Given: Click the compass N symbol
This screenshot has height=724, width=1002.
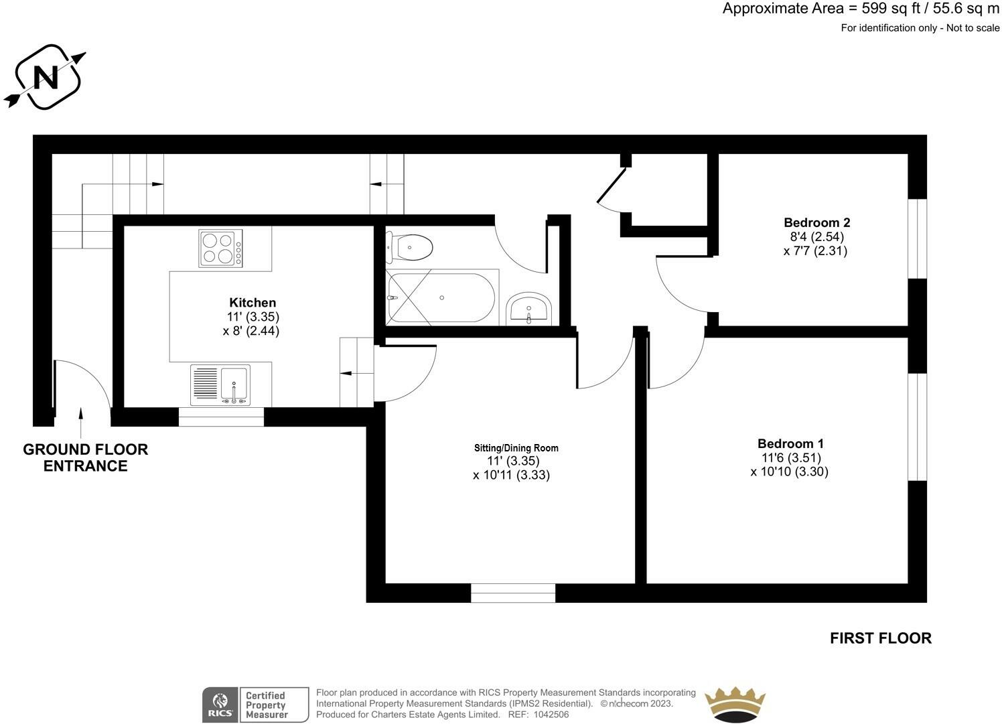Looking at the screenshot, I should pos(46,77).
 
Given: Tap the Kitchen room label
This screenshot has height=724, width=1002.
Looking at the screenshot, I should pos(253,303).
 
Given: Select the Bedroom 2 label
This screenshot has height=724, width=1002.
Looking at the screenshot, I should pos(816,222).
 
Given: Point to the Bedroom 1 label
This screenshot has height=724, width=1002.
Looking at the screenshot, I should pos(790,443).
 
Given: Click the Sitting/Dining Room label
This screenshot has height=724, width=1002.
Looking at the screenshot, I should pos(516,448).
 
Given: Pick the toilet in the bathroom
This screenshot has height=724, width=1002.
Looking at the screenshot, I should pos(410,248).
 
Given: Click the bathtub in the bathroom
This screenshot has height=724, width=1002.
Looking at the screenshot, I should pos(441,297).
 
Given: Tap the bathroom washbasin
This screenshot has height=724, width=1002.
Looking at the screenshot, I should pos(528,309).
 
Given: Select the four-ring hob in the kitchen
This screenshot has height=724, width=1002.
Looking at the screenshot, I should pos(220,248).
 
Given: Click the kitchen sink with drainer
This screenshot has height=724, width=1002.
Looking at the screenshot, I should pos(220,385).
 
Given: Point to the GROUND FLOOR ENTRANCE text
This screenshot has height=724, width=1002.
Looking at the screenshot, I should pos(85,457).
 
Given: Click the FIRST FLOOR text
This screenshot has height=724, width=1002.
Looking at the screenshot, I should pos(880,638).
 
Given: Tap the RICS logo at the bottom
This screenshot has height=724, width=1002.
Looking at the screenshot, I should pos(220,705).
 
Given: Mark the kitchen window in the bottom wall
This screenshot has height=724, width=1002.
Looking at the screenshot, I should pos(221,417).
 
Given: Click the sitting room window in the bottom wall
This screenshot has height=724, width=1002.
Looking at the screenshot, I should pos(513,593).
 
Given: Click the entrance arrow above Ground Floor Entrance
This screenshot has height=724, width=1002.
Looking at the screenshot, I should pos(81,422).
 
